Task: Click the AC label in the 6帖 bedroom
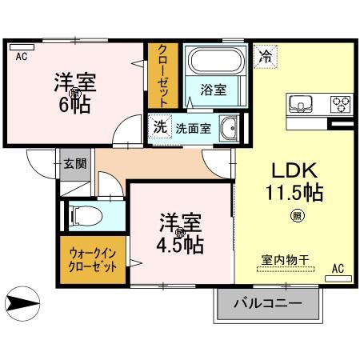click(21, 56)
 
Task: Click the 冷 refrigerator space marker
click(264, 57)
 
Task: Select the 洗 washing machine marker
click(159, 126)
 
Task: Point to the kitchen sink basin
click(301, 103)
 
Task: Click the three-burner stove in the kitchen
click(341, 103)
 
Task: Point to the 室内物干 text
click(282, 259)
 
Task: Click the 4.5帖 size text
click(180, 242)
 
